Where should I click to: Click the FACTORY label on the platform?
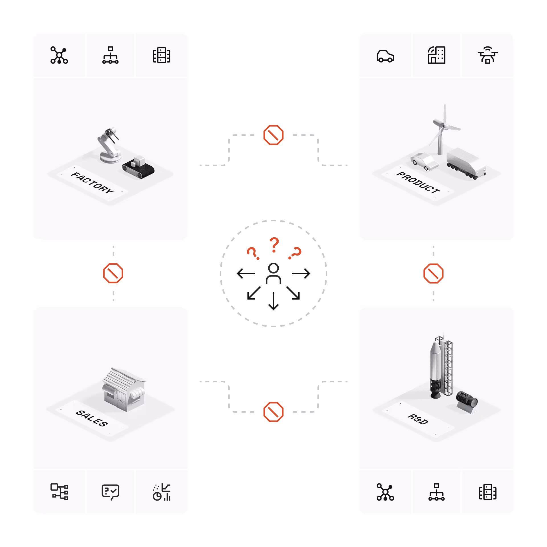[92, 183]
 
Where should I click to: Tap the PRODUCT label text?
[418, 183]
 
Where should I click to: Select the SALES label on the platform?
[92, 418]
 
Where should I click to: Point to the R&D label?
[418, 419]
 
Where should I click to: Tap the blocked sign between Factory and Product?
[273, 135]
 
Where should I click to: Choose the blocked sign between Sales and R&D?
[273, 412]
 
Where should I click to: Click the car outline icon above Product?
[385, 56]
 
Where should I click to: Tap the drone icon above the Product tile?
[487, 55]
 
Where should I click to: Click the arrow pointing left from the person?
[246, 273]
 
